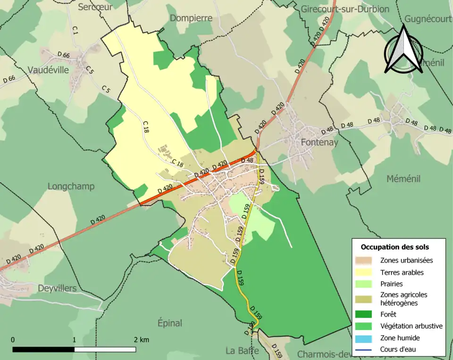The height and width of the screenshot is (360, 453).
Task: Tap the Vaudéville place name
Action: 48,70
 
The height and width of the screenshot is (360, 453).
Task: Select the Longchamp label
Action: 71,186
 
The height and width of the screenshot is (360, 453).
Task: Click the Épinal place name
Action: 170,323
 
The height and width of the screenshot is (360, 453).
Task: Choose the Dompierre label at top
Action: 191,18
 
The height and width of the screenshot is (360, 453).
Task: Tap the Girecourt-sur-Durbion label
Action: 345,9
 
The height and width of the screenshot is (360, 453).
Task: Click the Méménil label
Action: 403,179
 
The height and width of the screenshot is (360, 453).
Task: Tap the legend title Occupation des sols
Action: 394,247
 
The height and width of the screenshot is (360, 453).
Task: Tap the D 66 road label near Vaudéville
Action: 63,55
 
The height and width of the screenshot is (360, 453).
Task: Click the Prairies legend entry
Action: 391,284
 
